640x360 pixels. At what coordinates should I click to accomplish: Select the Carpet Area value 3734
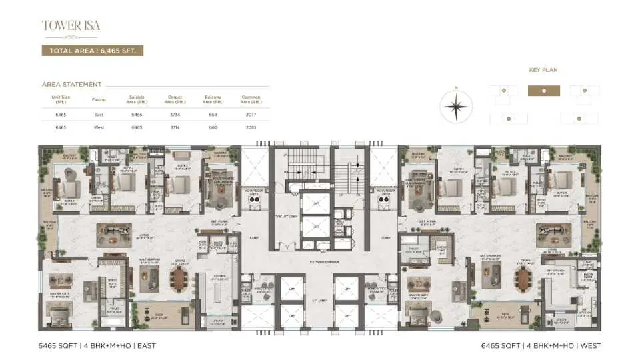pos(175,115)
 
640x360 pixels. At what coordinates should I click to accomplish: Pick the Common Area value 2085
pos(251,126)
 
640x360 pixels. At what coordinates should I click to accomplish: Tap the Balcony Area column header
pos(213,99)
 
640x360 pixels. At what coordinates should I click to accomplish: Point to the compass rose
pos(456,105)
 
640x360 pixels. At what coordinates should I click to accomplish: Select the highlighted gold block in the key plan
pos(544,91)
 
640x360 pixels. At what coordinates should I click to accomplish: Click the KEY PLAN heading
pos(543,69)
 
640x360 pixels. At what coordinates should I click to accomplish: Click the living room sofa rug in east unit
pos(114,234)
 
